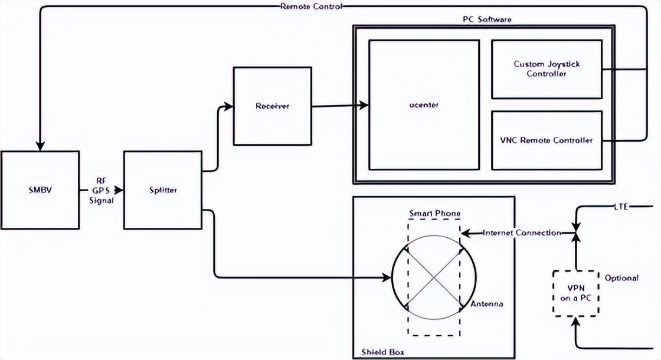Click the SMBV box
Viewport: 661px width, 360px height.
pyautogui.click(x=40, y=190)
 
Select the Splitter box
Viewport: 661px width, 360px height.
pyautogui.click(x=162, y=190)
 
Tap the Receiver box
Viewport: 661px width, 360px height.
pyautogui.click(x=272, y=106)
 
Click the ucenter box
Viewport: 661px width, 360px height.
pyautogui.click(x=424, y=105)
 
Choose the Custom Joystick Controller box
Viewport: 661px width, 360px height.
pyautogui.click(x=547, y=69)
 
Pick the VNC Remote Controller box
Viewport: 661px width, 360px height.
pyautogui.click(x=547, y=140)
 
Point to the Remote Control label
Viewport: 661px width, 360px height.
pyautogui.click(x=311, y=6)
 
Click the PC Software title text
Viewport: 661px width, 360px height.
pyautogui.click(x=487, y=19)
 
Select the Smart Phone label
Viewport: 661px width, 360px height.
pyautogui.click(x=434, y=213)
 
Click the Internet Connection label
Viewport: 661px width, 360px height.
pyautogui.click(x=522, y=233)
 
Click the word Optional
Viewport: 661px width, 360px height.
pyautogui.click(x=621, y=277)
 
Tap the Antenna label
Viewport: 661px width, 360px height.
pyautogui.click(x=487, y=304)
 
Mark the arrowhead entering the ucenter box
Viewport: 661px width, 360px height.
pyautogui.click(x=365, y=106)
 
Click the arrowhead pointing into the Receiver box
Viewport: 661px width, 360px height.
pyautogui.click(x=229, y=106)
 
